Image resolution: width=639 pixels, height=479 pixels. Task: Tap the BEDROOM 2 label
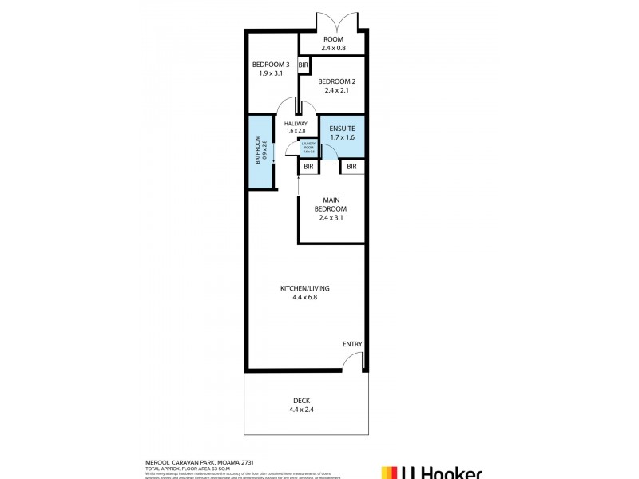coord(335,81)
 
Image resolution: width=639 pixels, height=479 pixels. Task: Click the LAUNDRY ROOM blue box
coord(308,146)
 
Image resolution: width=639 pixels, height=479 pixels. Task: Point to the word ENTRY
coord(352,344)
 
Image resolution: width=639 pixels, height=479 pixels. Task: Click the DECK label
coord(304,401)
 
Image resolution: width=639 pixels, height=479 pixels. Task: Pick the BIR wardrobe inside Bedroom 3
coord(304,65)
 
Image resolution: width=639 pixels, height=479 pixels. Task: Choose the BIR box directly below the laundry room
coord(308,166)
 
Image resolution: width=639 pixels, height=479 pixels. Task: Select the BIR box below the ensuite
coord(351,166)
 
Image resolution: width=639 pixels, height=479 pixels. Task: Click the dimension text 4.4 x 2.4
coord(304,410)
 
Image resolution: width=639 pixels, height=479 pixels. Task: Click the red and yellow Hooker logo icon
coord(390,472)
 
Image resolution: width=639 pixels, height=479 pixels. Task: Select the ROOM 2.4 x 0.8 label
coord(332,43)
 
